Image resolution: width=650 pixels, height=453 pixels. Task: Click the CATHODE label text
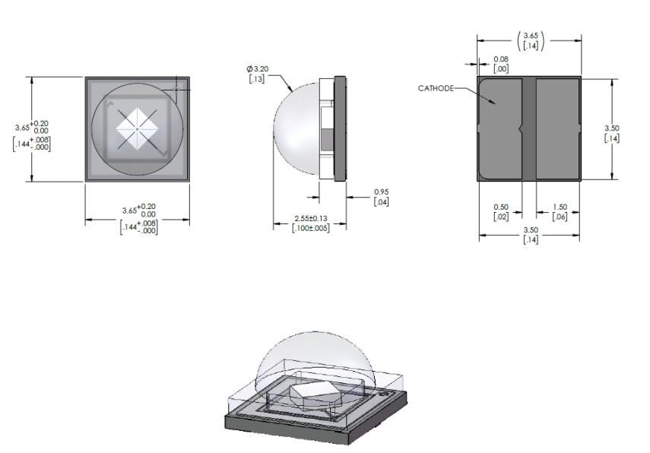click(436, 88)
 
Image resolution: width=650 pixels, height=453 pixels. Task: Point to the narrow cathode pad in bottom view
click(499, 128)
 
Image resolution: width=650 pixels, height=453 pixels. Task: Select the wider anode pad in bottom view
click(557, 128)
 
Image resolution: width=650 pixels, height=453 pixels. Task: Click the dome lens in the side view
click(298, 129)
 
